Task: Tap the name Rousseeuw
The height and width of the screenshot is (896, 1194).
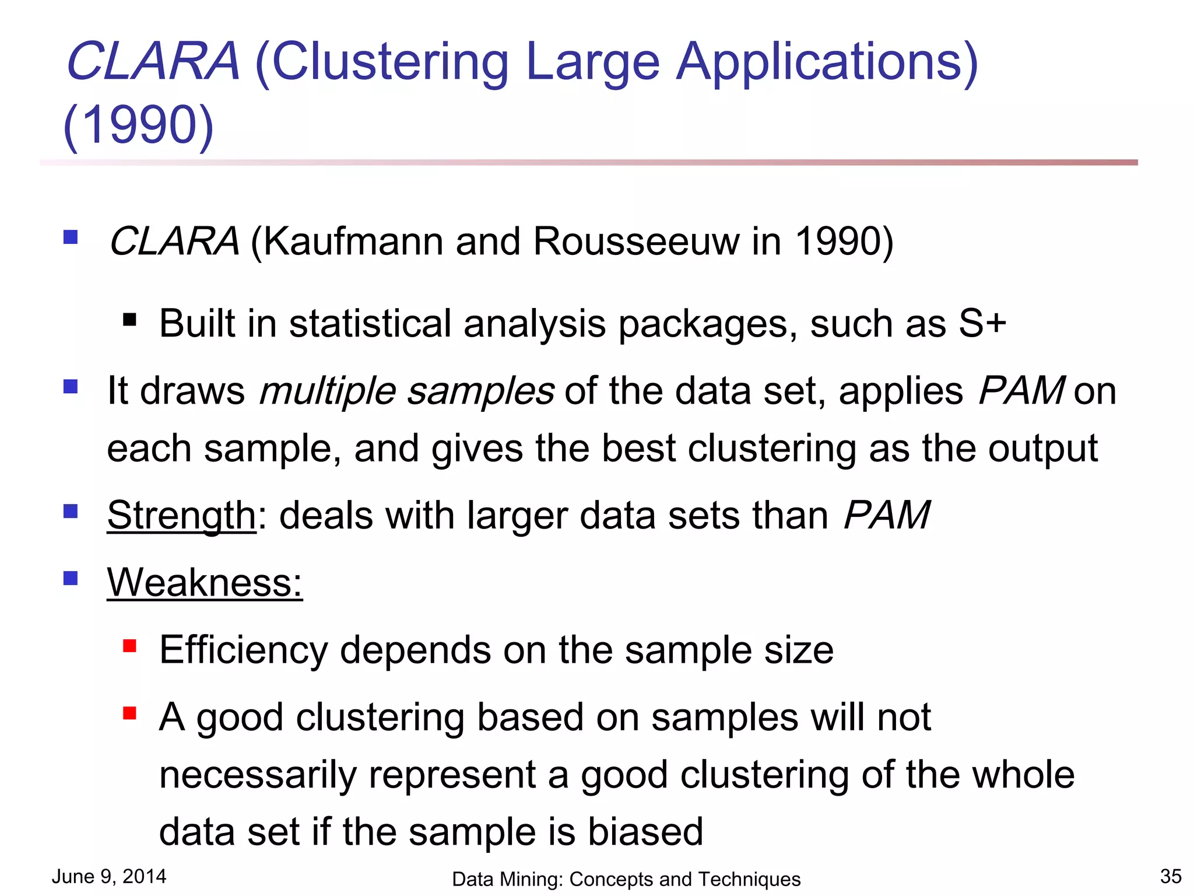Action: [636, 241]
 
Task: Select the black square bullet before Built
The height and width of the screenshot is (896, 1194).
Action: [129, 320]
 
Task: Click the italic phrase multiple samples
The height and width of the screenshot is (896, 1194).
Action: [406, 390]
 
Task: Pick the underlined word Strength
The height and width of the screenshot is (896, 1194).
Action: [181, 516]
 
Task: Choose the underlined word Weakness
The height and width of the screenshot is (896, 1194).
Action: [205, 582]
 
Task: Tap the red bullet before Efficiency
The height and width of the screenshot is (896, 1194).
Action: [129, 646]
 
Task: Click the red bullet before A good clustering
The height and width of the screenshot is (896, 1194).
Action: [129, 713]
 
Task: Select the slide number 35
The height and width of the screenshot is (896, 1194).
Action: [1171, 876]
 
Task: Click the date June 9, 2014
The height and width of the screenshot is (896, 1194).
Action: [109, 876]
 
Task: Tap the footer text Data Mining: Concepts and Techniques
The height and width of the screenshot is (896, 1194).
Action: [626, 879]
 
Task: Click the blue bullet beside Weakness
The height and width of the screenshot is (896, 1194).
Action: [71, 578]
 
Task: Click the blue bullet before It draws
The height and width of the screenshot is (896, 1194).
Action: [71, 387]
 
